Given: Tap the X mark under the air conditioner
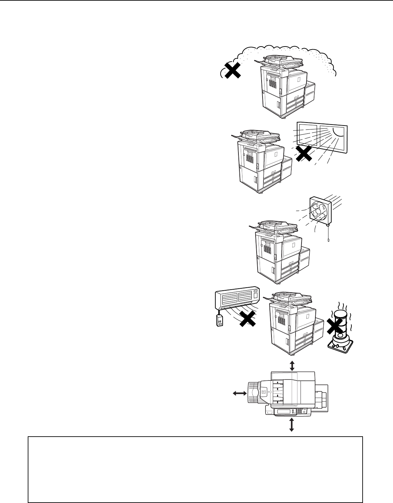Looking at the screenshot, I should [x=248, y=319].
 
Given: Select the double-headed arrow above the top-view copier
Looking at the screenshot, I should [x=291, y=366].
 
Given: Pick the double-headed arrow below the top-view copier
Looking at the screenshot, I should [x=291, y=424].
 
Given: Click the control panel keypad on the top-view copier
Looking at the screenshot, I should [x=301, y=411].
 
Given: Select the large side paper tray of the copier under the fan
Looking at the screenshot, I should [x=304, y=261].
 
